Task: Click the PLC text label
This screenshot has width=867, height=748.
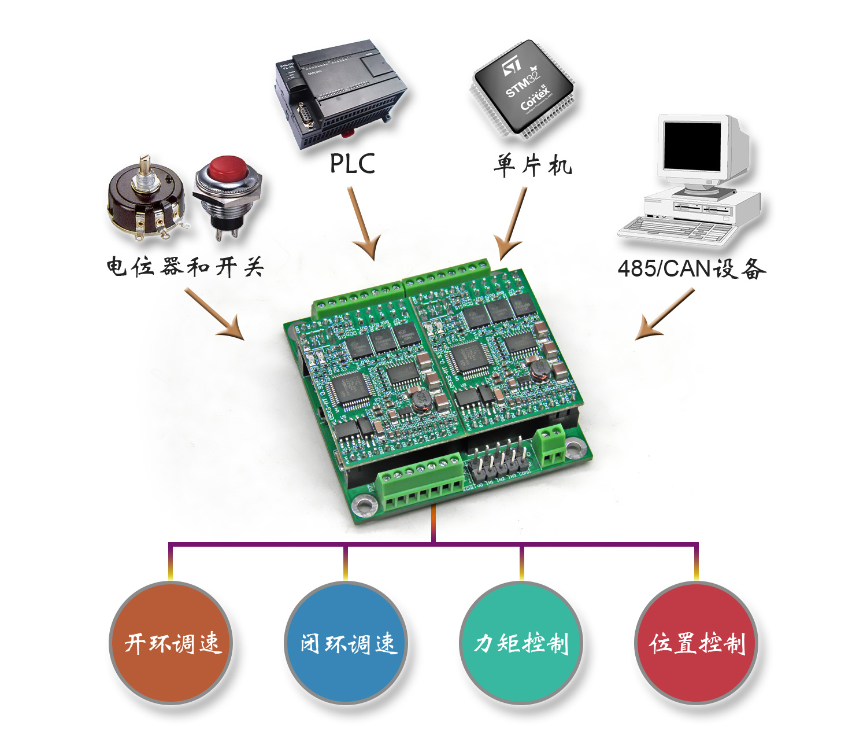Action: (352, 164)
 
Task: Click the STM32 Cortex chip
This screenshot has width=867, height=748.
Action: (523, 90)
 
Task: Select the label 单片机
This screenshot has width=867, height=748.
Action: (532, 165)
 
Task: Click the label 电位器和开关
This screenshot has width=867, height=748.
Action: (185, 267)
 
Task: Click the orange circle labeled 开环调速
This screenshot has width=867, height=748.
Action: (171, 643)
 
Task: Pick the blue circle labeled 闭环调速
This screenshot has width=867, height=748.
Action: (346, 643)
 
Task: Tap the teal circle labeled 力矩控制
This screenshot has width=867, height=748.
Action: (521, 643)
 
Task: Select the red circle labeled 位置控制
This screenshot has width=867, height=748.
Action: (696, 643)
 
